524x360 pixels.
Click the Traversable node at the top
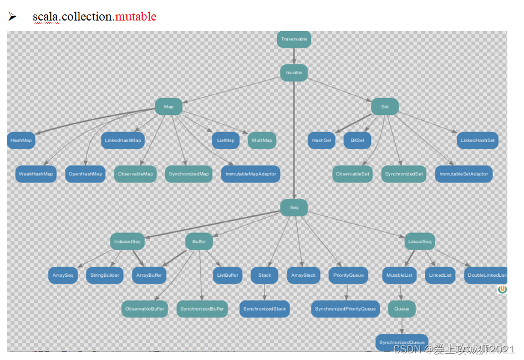293,39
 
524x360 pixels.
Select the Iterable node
293,73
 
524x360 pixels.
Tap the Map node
169,107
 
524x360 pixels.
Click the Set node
385,107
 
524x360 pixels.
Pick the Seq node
293,208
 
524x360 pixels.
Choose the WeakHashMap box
36,174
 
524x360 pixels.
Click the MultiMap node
262,140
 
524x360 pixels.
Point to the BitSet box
358,140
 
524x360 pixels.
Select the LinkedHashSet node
477,140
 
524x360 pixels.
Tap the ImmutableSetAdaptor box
464,174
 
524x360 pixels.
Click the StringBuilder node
105,275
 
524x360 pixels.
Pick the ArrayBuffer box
149,275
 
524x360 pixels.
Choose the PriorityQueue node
348,275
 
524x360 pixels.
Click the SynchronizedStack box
264,309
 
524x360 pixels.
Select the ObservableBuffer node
145,309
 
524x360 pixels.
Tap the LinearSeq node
420,242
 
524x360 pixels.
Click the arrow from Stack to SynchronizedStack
264,292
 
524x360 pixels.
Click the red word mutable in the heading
135,17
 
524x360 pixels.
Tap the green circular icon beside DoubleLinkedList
502,289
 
